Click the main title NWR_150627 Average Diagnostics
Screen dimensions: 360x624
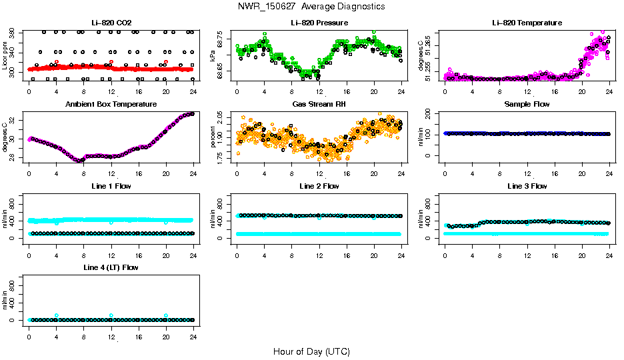[x=311, y=6]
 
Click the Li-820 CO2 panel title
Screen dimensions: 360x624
[x=111, y=23]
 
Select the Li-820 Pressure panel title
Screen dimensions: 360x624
[x=319, y=23]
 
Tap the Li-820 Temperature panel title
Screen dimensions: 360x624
[x=527, y=23]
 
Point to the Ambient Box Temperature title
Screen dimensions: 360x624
[x=111, y=104]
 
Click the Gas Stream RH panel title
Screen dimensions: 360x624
[x=319, y=104]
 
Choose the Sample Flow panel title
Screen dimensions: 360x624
[x=527, y=104]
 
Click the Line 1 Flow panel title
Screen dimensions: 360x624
[x=111, y=186]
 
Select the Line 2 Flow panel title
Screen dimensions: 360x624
[x=319, y=186]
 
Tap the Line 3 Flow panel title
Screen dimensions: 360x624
[x=527, y=186]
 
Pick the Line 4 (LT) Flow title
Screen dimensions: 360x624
[x=111, y=267]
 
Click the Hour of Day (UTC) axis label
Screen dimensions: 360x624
[x=311, y=351]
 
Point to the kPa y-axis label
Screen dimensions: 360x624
[x=213, y=56]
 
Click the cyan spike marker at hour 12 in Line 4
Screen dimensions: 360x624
[x=111, y=315]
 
